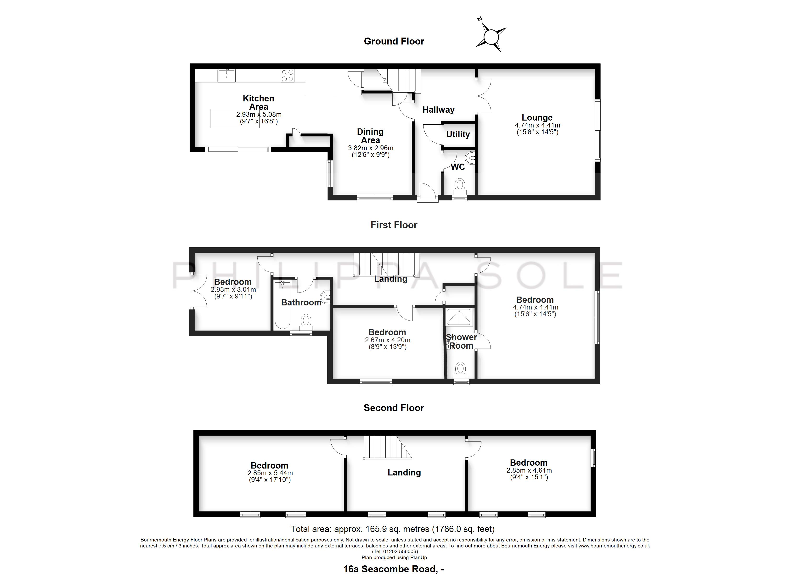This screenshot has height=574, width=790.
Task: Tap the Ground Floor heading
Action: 394,41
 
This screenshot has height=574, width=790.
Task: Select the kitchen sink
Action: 226,76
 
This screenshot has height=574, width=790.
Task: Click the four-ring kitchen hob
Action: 287,76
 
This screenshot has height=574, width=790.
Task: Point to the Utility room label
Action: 458,134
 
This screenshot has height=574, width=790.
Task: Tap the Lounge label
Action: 537,118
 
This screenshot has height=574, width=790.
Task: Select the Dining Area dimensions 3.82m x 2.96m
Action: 371,148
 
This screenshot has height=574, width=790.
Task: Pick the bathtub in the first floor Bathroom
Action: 282,305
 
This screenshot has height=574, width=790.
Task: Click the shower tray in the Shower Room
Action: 459,316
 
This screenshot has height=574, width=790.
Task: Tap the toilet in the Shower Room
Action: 461,371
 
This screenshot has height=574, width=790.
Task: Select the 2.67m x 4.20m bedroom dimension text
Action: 388,340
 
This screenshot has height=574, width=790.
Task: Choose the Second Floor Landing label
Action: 404,473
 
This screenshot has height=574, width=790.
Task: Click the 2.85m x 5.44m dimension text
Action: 270,473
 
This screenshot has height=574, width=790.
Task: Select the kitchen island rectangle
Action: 235,119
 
